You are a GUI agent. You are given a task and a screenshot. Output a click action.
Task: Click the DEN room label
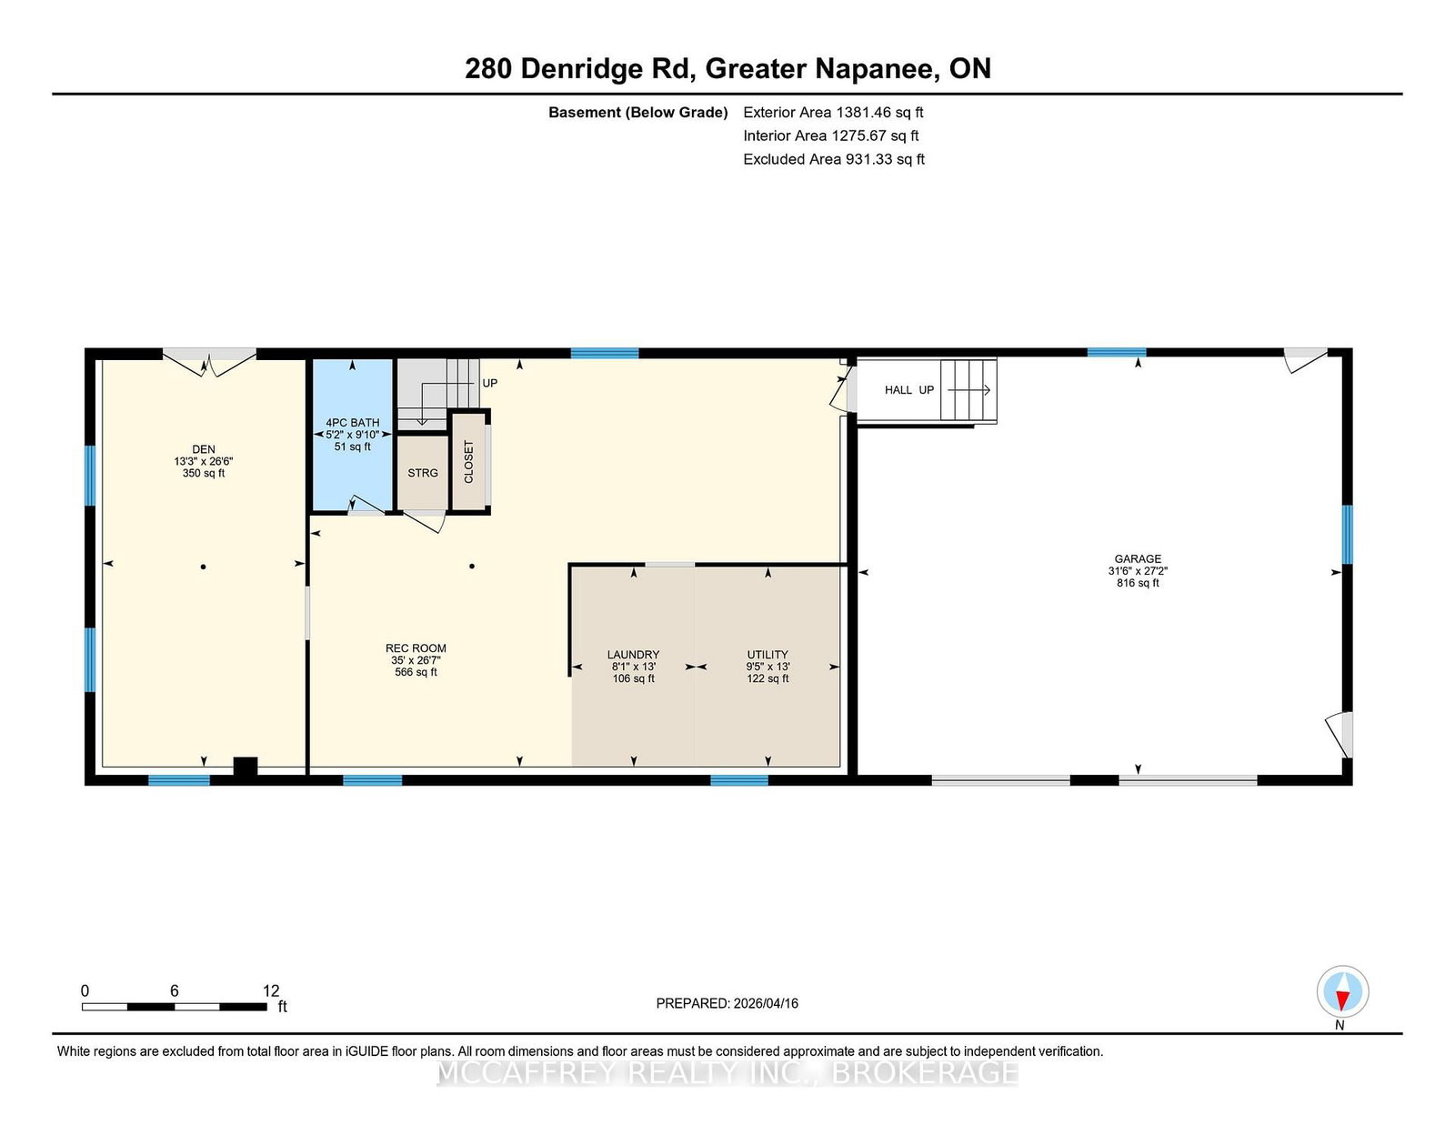click(204, 449)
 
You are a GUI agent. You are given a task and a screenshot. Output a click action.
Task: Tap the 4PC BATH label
click(352, 423)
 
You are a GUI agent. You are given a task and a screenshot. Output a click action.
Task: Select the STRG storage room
click(423, 473)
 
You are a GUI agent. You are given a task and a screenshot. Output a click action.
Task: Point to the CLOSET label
click(468, 461)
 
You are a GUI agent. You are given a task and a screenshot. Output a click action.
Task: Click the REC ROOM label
click(416, 648)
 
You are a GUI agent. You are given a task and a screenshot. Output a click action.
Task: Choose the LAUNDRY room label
click(634, 654)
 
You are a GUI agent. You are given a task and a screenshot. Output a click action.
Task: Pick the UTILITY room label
click(768, 654)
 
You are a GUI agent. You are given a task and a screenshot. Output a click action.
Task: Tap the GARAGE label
click(1138, 558)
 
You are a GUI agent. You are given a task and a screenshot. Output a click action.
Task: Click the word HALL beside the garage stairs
click(898, 390)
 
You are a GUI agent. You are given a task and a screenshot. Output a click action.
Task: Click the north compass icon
click(1342, 991)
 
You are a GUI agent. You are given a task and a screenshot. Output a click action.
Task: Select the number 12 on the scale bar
click(270, 990)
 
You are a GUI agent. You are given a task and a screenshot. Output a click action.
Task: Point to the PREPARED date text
click(727, 1003)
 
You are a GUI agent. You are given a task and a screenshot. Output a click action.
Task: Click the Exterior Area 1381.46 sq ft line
click(833, 113)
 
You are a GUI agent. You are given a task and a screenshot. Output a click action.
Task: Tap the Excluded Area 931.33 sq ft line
click(834, 159)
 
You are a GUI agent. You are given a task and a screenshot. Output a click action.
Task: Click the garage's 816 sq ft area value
click(1138, 583)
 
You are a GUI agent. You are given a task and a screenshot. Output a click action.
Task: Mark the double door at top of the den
click(209, 362)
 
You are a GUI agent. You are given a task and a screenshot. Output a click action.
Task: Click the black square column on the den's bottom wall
click(245, 766)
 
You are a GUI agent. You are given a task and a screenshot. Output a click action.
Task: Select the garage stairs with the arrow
click(968, 391)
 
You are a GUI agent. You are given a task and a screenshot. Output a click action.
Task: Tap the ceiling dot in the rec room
click(472, 567)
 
